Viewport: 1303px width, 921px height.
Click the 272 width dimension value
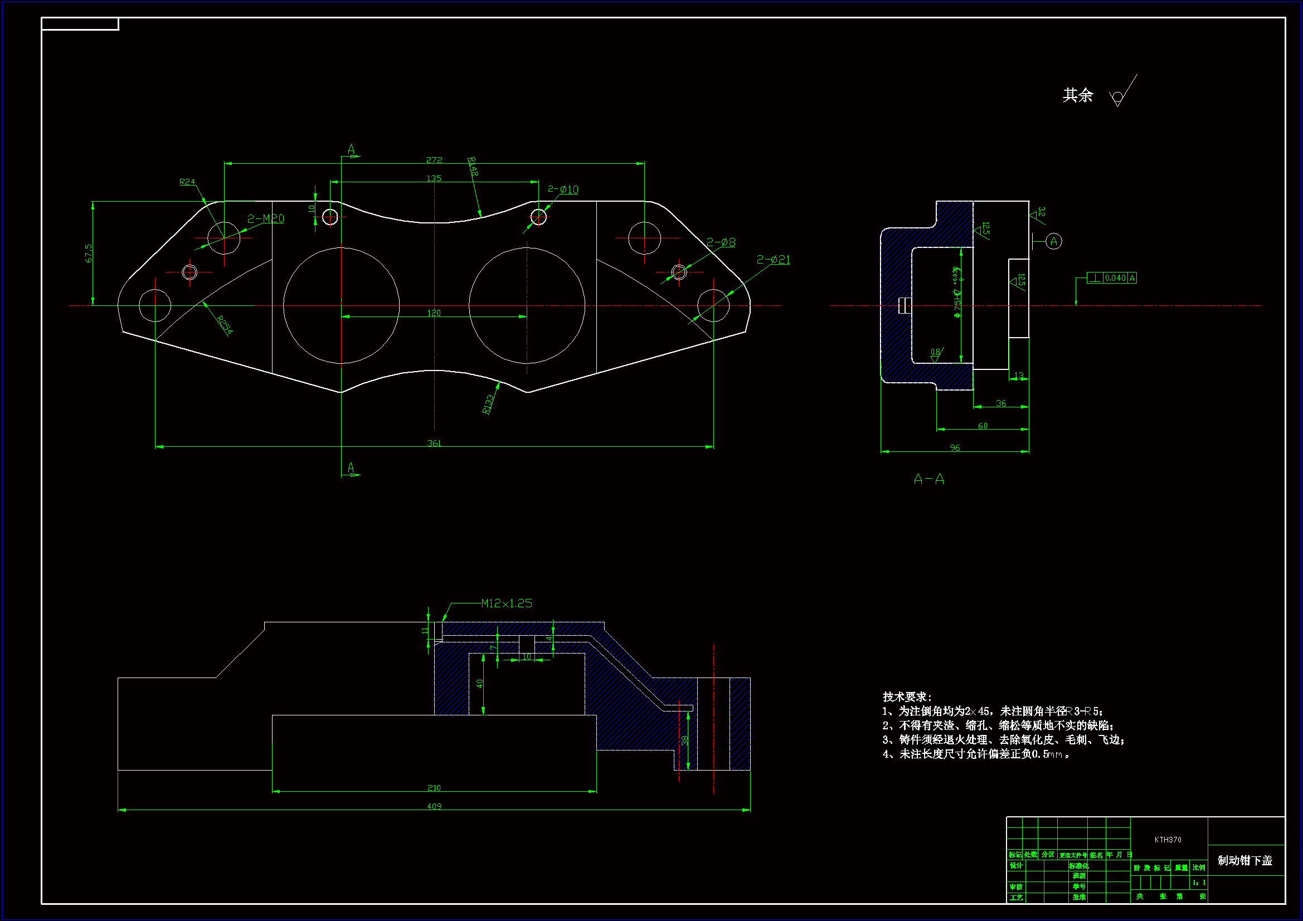coord(434,160)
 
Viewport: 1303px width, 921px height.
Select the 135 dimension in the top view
coord(434,178)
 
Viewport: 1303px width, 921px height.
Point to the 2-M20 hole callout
coord(266,218)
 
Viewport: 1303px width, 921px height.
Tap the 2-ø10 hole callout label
coord(562,189)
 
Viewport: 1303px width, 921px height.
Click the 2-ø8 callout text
coord(721,242)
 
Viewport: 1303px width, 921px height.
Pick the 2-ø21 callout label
coord(773,259)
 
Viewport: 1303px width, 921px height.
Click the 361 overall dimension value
coord(434,442)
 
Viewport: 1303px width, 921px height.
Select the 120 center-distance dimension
coord(434,313)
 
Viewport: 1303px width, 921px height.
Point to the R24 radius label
coord(187,182)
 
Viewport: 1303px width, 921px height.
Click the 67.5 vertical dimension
coord(89,253)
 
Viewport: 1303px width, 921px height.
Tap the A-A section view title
coord(929,480)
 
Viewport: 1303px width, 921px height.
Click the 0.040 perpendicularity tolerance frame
coord(1112,278)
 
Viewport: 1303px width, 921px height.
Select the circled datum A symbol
coord(1054,241)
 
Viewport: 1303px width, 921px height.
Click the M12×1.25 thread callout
coord(506,603)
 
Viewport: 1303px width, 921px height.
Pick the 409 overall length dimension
coord(434,806)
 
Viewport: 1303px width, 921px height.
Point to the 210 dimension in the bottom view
coord(434,788)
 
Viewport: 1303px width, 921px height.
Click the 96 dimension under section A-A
coord(955,448)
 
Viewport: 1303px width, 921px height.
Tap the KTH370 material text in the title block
coord(1168,840)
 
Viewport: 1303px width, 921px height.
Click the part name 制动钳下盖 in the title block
coord(1245,861)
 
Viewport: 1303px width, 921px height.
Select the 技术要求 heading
coord(907,697)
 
